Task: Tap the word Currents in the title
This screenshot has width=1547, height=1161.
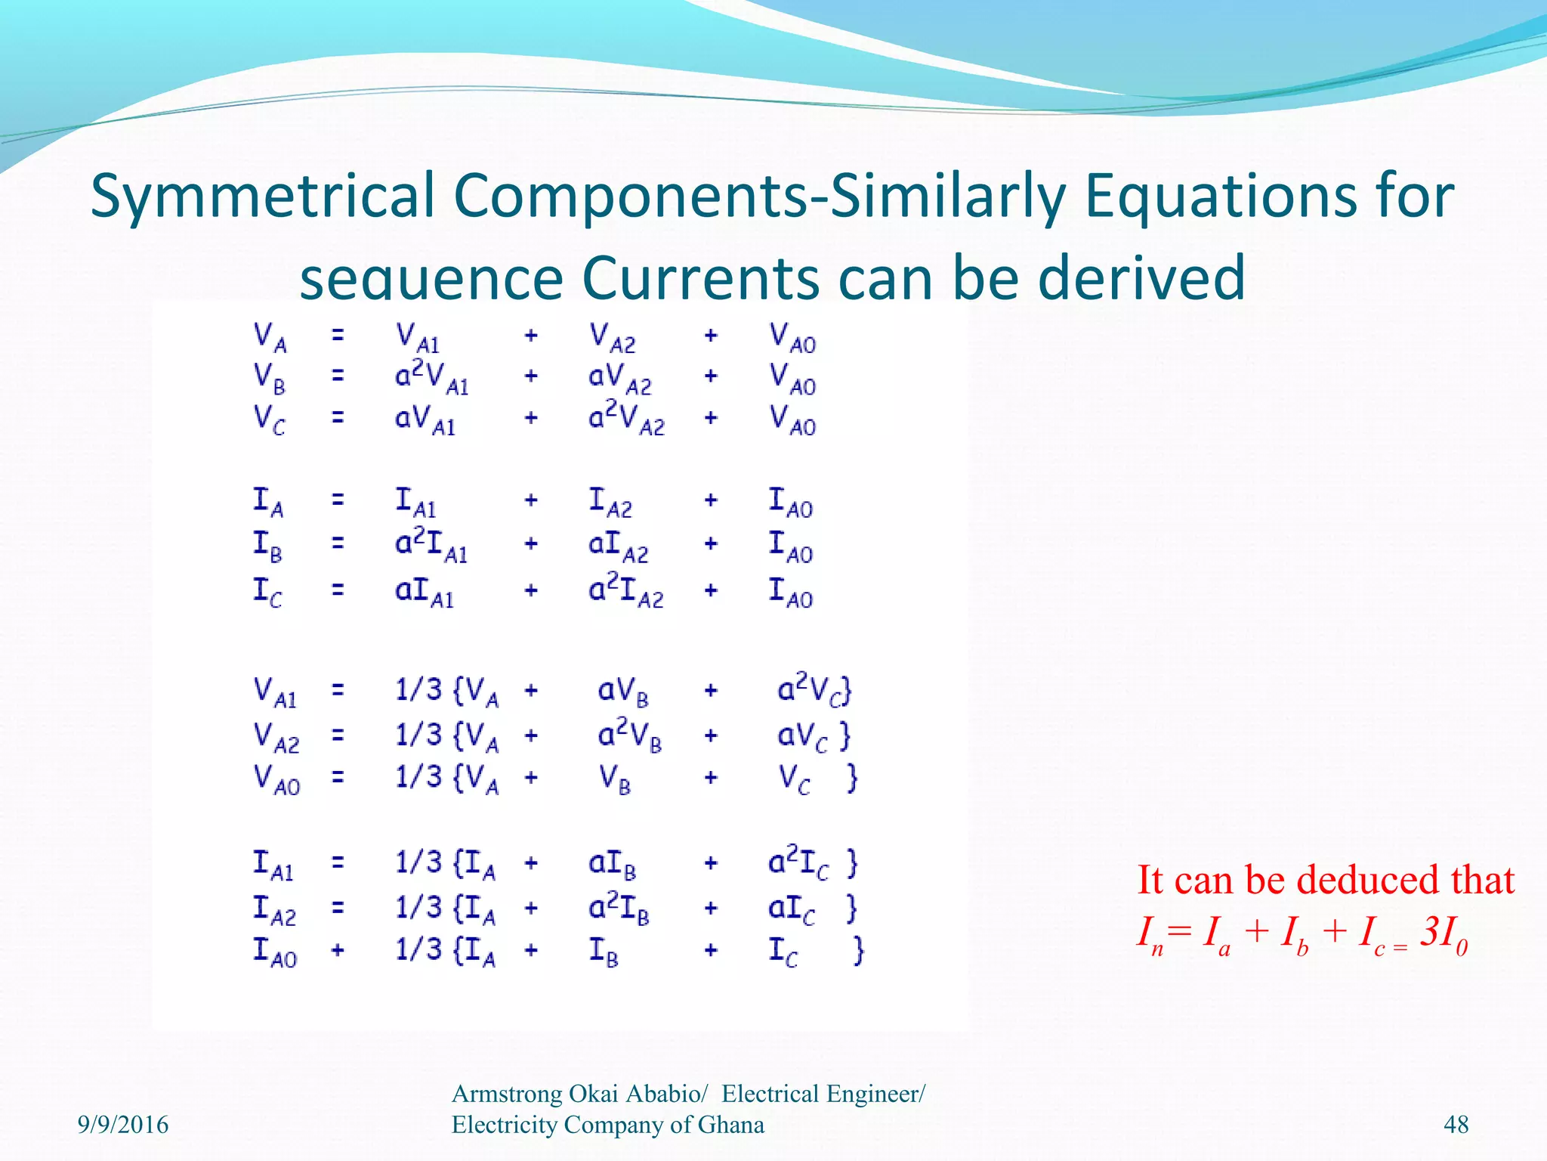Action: pos(702,277)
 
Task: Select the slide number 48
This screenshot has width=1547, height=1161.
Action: pos(1456,1125)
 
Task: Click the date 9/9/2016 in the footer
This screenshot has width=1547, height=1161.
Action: pos(123,1125)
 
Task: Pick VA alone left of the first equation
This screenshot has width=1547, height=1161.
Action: pos(270,336)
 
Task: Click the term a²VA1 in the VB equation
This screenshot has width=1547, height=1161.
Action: pos(431,376)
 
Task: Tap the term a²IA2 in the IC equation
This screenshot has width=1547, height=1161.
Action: pos(625,590)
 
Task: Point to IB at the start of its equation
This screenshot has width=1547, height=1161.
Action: pos(267,545)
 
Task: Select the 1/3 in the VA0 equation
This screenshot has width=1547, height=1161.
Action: pos(418,776)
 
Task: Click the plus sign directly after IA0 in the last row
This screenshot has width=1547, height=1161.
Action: pos(338,949)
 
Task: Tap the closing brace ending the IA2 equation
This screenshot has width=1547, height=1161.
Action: pos(851,908)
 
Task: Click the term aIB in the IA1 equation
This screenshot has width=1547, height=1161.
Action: pos(612,865)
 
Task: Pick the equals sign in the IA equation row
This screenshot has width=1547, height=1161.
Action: pos(338,499)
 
